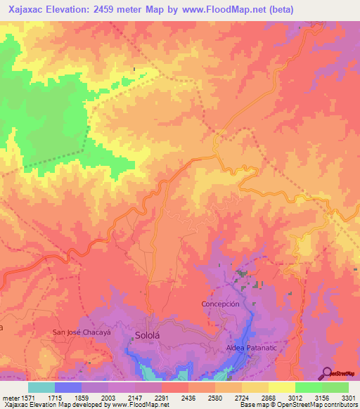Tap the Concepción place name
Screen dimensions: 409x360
point(221,304)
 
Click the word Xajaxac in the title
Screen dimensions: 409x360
point(31,9)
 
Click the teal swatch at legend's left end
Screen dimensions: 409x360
point(41,387)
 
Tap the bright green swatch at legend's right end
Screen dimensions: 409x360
point(335,387)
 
